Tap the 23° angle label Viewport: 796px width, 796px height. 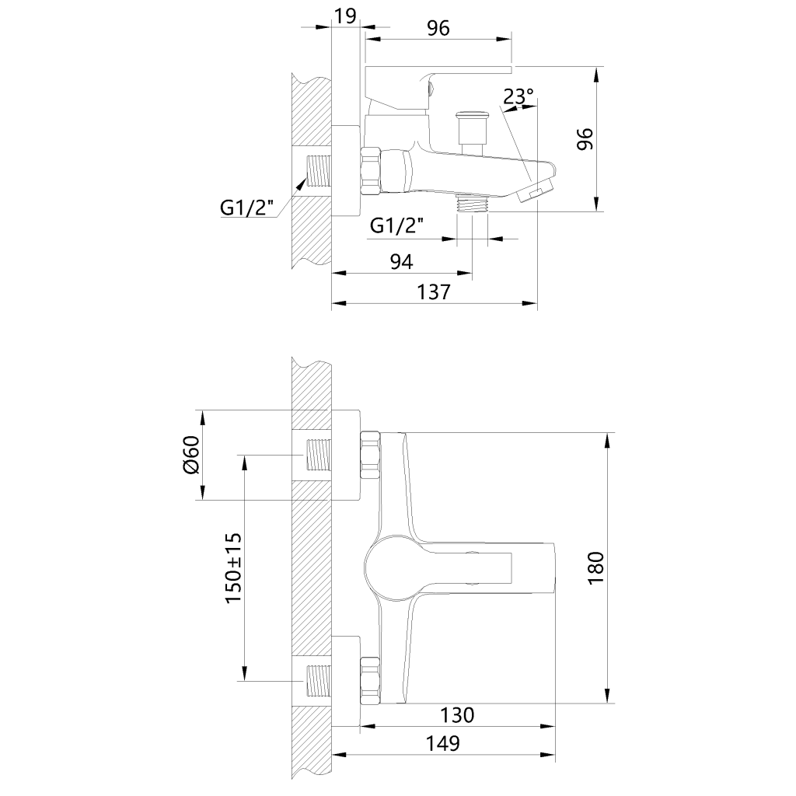(518, 96)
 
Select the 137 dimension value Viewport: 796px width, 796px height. (434, 292)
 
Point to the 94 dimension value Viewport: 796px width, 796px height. (401, 261)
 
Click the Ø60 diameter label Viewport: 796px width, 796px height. (192, 454)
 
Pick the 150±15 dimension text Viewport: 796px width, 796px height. (233, 568)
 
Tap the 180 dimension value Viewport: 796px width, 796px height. (596, 567)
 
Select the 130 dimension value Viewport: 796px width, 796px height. (457, 715)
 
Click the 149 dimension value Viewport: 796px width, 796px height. (442, 743)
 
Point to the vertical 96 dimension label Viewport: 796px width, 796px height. (585, 138)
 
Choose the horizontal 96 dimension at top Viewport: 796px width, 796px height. (438, 29)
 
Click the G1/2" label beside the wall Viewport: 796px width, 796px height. (246, 208)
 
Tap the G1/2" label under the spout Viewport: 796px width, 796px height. (397, 225)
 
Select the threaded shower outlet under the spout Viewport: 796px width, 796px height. (473, 204)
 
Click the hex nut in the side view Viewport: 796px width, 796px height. (370, 170)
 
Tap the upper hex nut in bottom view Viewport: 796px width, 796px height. (370, 455)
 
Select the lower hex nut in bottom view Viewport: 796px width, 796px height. (370, 680)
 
